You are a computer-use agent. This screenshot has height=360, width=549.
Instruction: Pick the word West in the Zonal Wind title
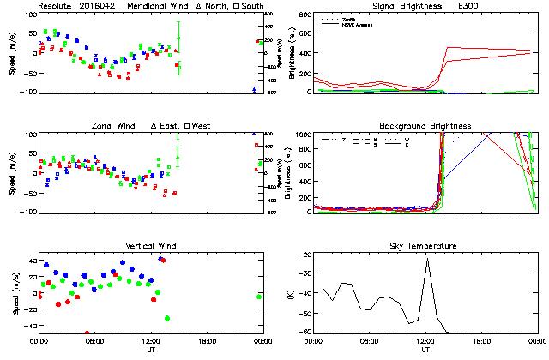pos(202,126)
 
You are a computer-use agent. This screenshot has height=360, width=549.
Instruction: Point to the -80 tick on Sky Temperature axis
pos(305,332)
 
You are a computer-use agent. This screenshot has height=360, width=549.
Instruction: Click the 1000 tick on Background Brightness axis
pos(302,135)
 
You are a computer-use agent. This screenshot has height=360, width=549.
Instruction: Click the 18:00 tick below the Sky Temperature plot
pos(481,341)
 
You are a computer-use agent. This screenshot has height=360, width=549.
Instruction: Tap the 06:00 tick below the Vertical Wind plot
pos(94,341)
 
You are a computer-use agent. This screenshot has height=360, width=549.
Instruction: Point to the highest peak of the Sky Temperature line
pos(426,259)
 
